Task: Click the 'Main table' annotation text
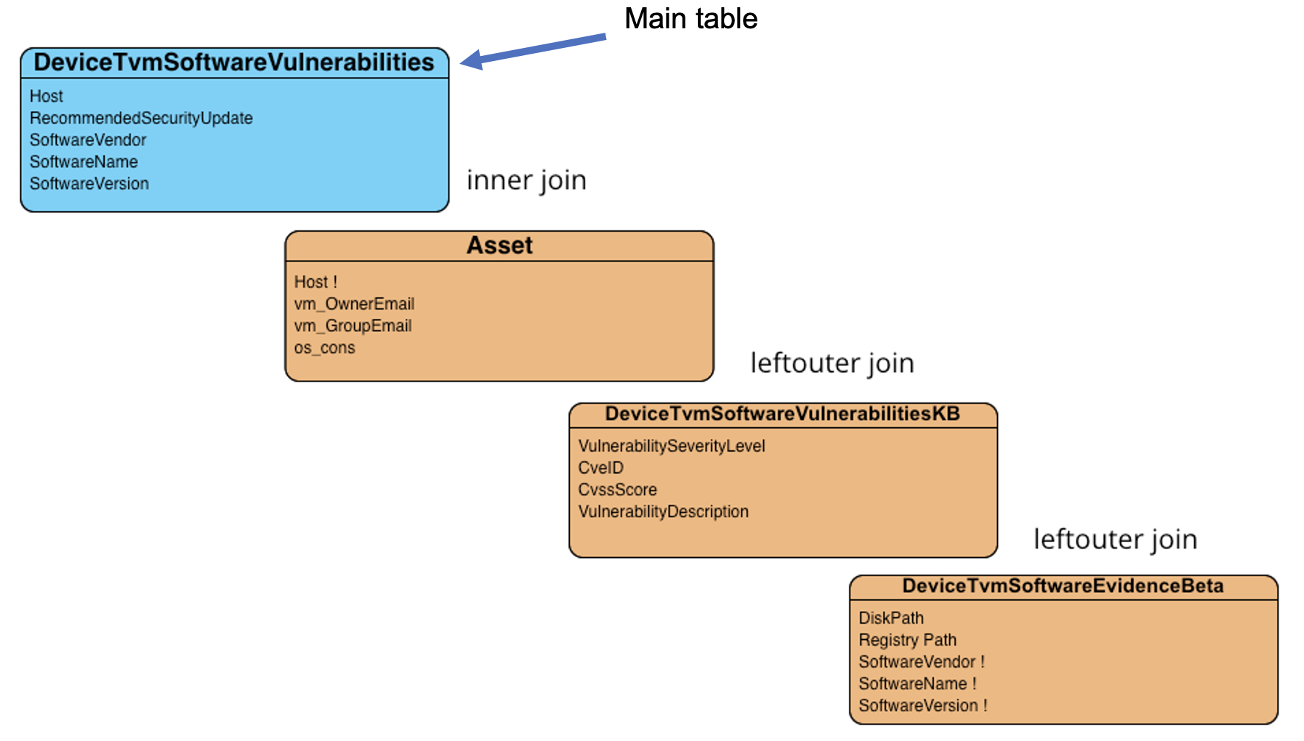(x=691, y=19)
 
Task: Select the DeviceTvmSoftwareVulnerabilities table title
(x=234, y=62)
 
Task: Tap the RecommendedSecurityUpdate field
(x=141, y=118)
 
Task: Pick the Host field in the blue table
(x=47, y=96)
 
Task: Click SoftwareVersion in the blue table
(x=89, y=184)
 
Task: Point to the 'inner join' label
(x=526, y=180)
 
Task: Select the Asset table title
(x=499, y=246)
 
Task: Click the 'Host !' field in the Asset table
(x=315, y=282)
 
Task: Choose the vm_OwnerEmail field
(x=354, y=304)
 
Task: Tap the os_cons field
(x=324, y=348)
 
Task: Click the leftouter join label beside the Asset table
(x=832, y=363)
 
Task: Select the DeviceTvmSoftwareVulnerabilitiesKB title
(x=782, y=414)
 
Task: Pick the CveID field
(x=600, y=468)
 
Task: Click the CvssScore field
(x=617, y=490)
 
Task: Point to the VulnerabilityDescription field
(x=663, y=511)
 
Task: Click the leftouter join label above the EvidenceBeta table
(x=1115, y=540)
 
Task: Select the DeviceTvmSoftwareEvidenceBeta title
(x=1063, y=586)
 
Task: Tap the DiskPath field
(x=891, y=618)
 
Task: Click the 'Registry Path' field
(x=907, y=640)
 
